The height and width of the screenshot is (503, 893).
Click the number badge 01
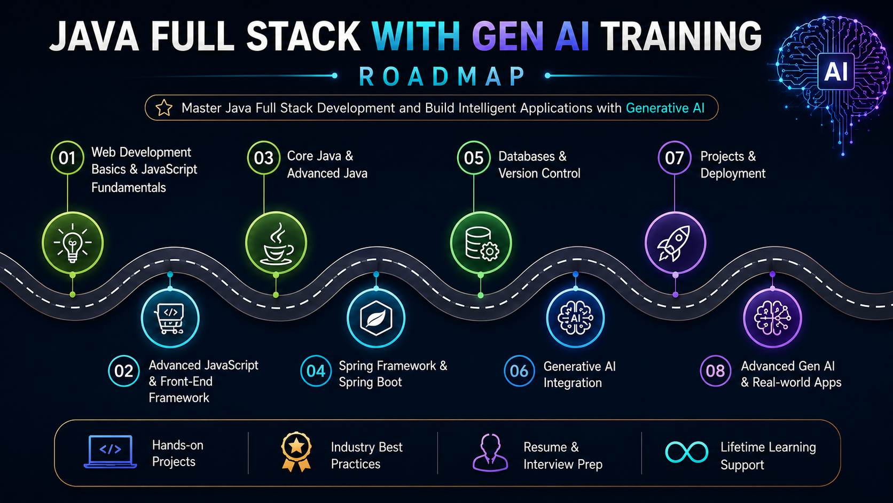[67, 158]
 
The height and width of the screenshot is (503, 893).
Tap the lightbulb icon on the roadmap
[73, 243]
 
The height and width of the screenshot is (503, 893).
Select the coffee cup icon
[276, 243]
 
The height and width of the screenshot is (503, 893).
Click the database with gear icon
[481, 243]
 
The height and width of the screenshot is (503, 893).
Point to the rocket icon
[675, 243]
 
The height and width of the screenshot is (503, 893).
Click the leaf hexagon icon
[376, 318]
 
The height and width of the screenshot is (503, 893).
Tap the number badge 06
[519, 371]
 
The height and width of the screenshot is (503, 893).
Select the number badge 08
[716, 371]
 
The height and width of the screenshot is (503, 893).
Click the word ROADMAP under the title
[442, 76]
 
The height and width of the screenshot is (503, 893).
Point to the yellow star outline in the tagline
[164, 107]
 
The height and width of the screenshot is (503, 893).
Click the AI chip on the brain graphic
[836, 72]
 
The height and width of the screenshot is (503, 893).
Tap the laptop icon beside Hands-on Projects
[110, 452]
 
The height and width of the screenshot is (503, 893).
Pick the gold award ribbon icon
[296, 452]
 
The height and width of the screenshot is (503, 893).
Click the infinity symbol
[686, 452]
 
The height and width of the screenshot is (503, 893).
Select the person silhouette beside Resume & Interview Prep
[490, 453]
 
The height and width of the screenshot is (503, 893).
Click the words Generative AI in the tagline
[665, 108]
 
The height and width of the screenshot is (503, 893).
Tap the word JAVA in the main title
[94, 36]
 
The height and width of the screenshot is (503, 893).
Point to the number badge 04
[316, 371]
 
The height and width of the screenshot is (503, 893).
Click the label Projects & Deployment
[733, 165]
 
